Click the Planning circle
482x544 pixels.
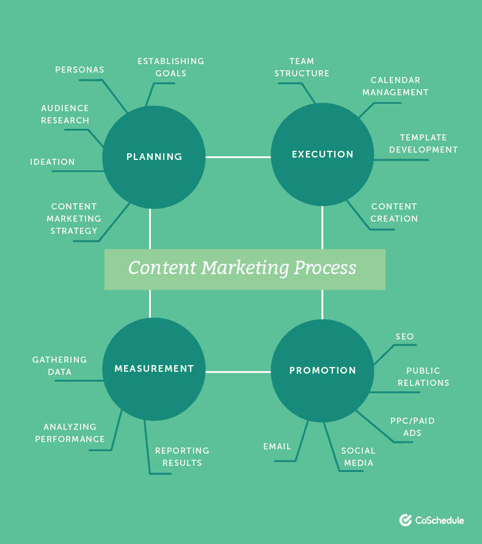pos(153,157)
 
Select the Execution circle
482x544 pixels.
pos(322,154)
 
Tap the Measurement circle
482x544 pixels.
pos(153,369)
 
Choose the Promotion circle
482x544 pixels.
pos(322,370)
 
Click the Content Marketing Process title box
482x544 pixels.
pos(244,269)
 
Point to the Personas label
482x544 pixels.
pos(79,70)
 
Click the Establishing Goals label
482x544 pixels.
pos(170,67)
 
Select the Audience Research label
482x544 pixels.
pos(65,114)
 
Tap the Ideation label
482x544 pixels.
pos(53,162)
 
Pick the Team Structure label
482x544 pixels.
pos(302,67)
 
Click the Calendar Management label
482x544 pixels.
pos(395,86)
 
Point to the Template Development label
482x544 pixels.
pos(423,143)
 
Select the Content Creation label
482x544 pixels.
pos(394,212)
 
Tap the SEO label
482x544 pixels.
pos(404,336)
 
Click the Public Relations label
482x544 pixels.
pos(423,377)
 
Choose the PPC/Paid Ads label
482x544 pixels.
pos(412,427)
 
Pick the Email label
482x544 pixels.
pos(277,447)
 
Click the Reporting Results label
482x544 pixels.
pos(182,457)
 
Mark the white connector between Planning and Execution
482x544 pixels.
pos(238,157)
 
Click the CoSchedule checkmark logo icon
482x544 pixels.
pos(405,520)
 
